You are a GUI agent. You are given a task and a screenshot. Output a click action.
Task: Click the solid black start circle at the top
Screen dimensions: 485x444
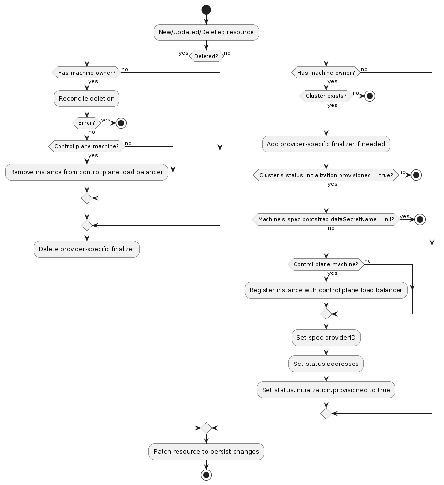point(207,9)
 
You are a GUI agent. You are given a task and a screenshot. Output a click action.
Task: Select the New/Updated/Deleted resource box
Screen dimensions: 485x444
point(207,32)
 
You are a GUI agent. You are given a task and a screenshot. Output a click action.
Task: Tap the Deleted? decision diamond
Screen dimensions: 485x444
point(207,56)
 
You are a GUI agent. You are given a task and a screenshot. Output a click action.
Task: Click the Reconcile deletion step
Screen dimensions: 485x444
point(87,99)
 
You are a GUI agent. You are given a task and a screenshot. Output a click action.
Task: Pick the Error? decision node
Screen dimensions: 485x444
point(87,123)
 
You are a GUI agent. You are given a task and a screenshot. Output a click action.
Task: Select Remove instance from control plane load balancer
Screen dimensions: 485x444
point(87,172)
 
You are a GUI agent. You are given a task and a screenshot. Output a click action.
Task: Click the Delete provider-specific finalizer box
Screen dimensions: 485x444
point(87,249)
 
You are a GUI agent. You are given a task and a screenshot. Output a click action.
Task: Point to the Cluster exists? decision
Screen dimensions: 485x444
point(326,96)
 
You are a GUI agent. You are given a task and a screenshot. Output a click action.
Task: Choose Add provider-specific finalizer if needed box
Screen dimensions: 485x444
point(326,144)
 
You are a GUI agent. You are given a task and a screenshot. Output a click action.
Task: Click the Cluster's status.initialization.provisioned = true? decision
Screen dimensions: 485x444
point(326,175)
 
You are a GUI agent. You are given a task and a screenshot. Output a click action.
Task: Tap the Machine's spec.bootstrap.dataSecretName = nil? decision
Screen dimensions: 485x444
point(326,219)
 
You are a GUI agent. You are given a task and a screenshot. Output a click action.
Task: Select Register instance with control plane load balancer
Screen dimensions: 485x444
point(326,290)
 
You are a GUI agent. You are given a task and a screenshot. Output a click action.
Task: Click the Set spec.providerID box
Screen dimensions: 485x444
point(326,338)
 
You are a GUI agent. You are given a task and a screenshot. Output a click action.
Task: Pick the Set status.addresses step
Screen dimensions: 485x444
point(326,364)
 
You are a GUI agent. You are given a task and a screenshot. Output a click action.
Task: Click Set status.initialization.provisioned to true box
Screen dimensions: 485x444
point(326,390)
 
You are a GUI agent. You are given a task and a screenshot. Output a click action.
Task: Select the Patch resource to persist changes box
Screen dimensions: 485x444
point(207,452)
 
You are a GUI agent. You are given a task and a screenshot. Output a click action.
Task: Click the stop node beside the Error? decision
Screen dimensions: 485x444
point(121,123)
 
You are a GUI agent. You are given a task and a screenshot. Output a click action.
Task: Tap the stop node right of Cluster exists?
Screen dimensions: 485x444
point(370,96)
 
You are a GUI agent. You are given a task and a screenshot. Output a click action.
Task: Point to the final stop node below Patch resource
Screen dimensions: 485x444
point(207,475)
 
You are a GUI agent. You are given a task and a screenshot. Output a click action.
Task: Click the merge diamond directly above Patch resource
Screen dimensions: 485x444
point(207,428)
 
